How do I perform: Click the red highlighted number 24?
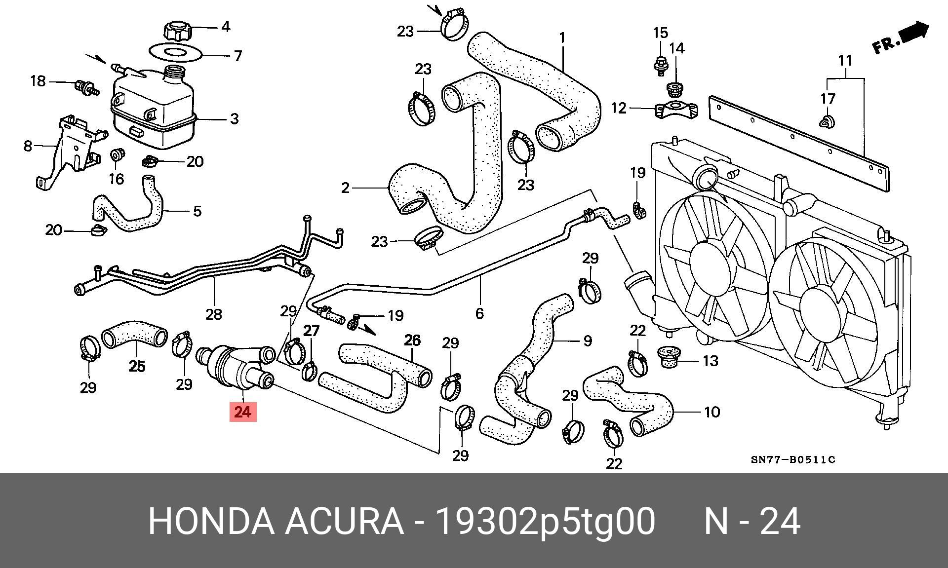243,411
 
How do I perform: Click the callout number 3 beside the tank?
234,119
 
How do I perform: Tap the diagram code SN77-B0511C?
793,460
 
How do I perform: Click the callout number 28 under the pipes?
214,314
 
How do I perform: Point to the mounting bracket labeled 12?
677,110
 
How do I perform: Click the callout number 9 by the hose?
588,341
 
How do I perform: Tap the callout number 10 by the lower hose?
711,412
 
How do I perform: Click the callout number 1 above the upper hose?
562,38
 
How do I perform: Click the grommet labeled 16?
117,155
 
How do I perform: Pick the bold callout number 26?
413,340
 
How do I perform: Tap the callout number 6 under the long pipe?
479,313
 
